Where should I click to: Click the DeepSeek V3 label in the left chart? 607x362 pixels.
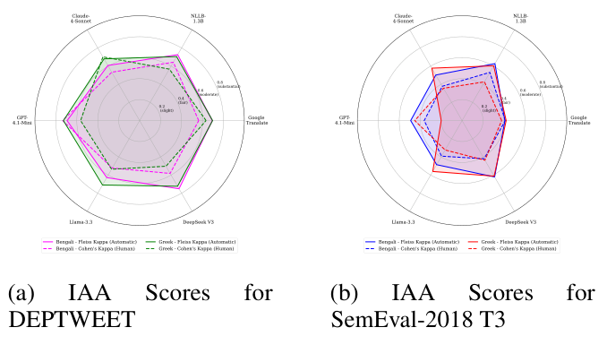click(199, 220)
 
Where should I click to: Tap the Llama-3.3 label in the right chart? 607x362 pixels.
click(405, 220)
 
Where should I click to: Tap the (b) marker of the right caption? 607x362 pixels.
click(346, 295)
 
